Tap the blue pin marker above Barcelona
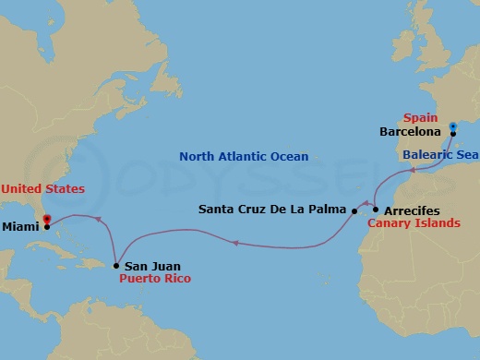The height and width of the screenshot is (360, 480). pyautogui.click(x=452, y=126)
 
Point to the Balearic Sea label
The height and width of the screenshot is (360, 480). pyautogui.click(x=438, y=155)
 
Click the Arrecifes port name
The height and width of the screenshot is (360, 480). pyautogui.click(x=413, y=210)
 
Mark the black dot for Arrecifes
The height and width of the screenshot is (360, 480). pyautogui.click(x=376, y=210)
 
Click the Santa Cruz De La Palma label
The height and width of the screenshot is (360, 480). pyautogui.click(x=272, y=210)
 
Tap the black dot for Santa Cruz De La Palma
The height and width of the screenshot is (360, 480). pyautogui.click(x=354, y=210)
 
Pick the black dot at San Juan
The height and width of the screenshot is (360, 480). pyautogui.click(x=115, y=266)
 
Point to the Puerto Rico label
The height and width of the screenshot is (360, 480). pyautogui.click(x=152, y=277)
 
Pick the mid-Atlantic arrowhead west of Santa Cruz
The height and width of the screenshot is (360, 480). pyautogui.click(x=236, y=244)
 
